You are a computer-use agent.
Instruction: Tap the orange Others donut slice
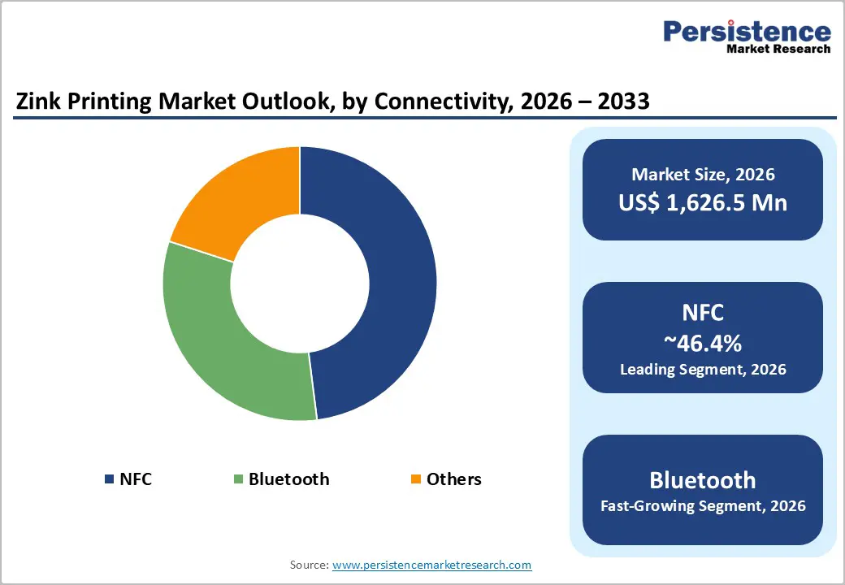pyautogui.click(x=240, y=199)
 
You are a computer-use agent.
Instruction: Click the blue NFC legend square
pyautogui.click(x=109, y=479)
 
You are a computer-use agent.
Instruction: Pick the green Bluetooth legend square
pyautogui.click(x=238, y=479)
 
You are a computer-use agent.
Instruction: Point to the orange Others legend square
pyautogui.click(x=416, y=479)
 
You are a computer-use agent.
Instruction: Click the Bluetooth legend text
pyautogui.click(x=289, y=479)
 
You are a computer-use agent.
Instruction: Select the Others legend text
pyautogui.click(x=454, y=479)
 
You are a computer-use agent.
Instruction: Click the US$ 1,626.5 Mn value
pyautogui.click(x=703, y=202)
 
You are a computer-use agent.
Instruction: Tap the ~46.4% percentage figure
pyautogui.click(x=703, y=344)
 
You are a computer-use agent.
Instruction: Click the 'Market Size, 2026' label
pyautogui.click(x=703, y=174)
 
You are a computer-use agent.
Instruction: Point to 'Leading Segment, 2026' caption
pyautogui.click(x=703, y=370)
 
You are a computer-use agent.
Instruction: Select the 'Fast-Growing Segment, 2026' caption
pyautogui.click(x=703, y=506)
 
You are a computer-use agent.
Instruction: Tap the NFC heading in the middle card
pyautogui.click(x=703, y=314)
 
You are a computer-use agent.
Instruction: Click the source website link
pyautogui.click(x=432, y=565)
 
